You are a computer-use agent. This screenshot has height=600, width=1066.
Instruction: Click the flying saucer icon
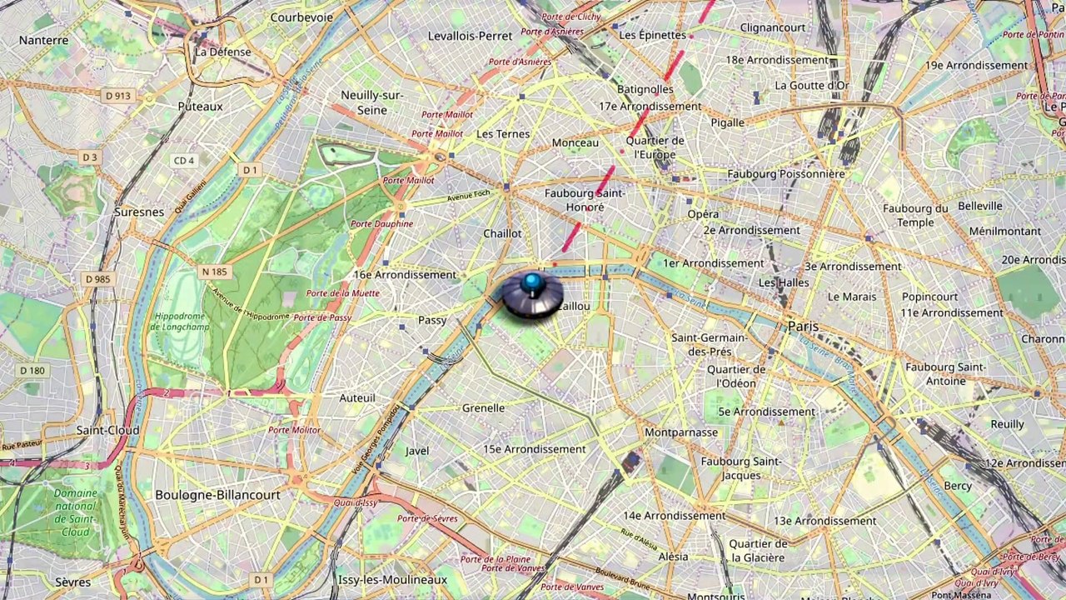click(x=531, y=297)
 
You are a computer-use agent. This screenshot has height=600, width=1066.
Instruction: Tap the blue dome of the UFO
click(x=531, y=282)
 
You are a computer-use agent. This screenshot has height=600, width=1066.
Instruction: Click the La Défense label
click(x=222, y=52)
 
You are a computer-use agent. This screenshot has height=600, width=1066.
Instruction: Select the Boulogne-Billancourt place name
click(x=217, y=495)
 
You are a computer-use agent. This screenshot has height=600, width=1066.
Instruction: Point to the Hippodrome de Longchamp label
click(x=178, y=322)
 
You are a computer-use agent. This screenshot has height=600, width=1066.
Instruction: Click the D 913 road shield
click(x=118, y=96)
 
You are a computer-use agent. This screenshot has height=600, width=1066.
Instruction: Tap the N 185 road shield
click(x=214, y=272)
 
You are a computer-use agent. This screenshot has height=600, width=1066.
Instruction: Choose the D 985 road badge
click(x=97, y=279)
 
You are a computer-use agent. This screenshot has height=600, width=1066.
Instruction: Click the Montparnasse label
click(x=680, y=432)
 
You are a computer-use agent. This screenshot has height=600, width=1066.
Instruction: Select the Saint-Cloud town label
click(x=107, y=430)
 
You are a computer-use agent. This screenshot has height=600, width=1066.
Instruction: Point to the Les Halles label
click(x=784, y=283)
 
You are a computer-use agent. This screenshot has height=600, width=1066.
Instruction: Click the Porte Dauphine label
click(x=381, y=224)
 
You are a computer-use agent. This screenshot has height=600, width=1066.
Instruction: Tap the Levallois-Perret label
click(x=470, y=36)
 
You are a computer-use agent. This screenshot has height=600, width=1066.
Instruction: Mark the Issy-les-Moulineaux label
click(x=392, y=580)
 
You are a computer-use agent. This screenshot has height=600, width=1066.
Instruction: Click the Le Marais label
click(x=852, y=297)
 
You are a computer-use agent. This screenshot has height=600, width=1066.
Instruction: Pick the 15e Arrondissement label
click(x=535, y=449)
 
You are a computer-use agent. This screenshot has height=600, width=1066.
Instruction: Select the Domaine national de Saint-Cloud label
click(x=76, y=512)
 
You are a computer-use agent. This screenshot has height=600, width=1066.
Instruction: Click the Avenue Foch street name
click(x=471, y=197)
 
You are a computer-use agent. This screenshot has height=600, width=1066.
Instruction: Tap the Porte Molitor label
click(x=294, y=430)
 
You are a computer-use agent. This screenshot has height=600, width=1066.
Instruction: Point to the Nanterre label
click(x=43, y=40)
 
